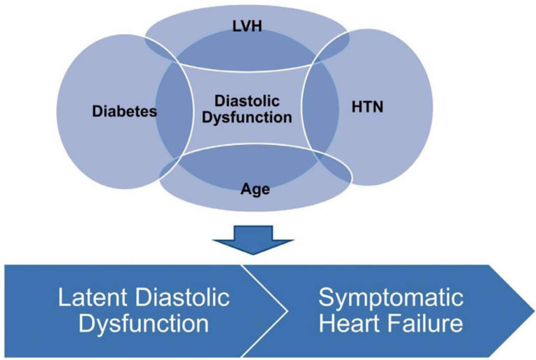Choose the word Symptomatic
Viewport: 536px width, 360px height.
(391, 298)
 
